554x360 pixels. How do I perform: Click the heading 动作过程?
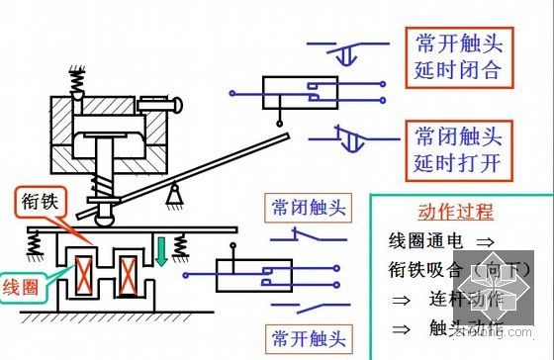455,212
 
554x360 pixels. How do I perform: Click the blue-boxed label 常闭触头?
308,208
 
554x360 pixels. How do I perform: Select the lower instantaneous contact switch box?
255,276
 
